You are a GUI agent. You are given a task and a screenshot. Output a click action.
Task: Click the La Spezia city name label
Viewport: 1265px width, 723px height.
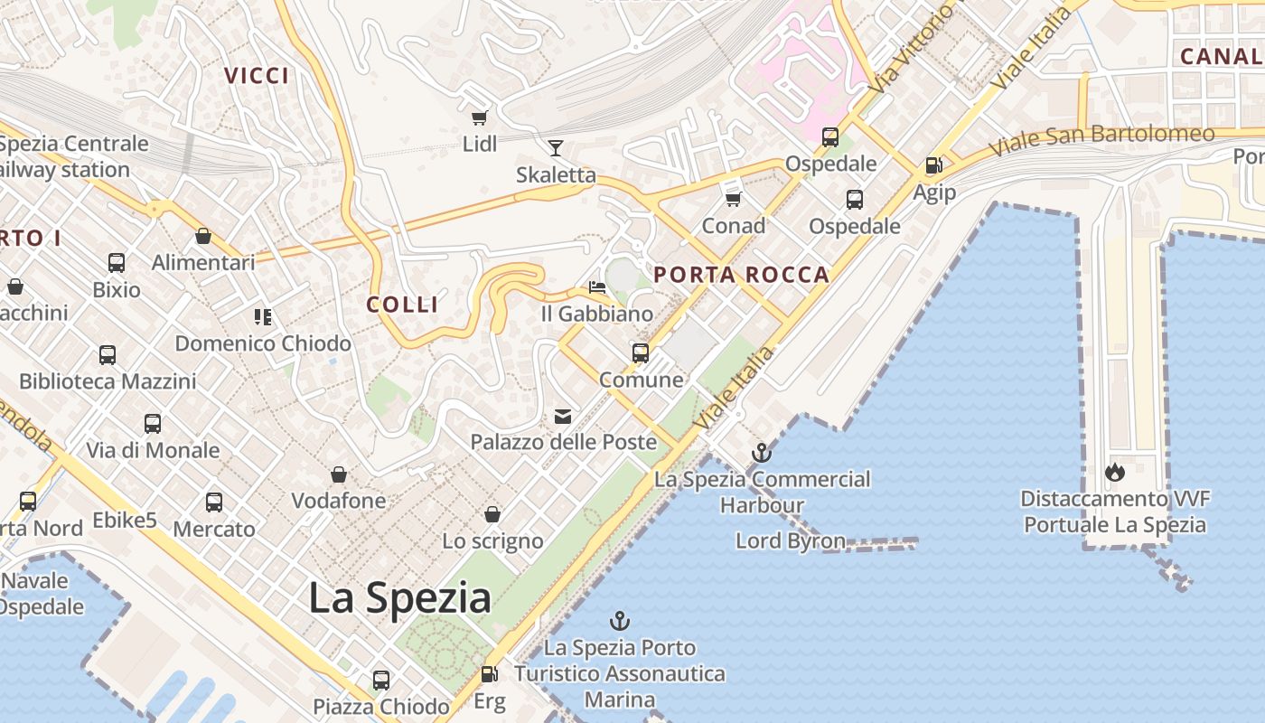pos(399,598)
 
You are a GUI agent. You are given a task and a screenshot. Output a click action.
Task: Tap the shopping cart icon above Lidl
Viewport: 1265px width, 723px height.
pos(480,117)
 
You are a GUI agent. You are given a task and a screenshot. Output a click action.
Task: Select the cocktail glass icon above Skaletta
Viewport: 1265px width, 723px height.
pos(556,147)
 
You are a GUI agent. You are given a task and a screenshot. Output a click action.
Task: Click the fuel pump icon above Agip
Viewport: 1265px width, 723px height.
pos(933,165)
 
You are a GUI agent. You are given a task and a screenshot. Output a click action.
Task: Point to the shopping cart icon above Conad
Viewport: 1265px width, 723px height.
pos(733,199)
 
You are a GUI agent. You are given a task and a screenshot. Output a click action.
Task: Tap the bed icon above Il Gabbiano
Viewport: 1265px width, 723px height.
pos(596,287)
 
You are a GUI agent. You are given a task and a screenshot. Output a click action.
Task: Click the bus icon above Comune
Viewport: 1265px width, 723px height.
pos(641,352)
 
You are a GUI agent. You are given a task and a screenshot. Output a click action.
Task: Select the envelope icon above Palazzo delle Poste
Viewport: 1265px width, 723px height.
pos(563,416)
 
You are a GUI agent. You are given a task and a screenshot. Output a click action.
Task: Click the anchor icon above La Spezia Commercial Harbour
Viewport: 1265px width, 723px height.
pos(762,452)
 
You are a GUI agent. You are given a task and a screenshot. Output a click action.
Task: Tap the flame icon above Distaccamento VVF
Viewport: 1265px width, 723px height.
pos(1114,472)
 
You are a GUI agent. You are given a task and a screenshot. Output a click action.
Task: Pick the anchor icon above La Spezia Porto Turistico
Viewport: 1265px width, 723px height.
pos(619,621)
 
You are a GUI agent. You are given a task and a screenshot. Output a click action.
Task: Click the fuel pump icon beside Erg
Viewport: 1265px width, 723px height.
pos(489,673)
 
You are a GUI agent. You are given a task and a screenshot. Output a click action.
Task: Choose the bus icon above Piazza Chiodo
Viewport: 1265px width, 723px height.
pos(381,680)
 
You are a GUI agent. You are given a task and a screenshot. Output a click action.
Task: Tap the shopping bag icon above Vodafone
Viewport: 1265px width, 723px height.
pos(339,474)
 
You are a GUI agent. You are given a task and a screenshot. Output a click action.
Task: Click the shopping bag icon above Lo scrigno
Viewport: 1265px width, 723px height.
pos(492,514)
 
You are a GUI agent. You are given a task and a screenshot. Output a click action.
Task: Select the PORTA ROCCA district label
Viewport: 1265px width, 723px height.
pos(741,275)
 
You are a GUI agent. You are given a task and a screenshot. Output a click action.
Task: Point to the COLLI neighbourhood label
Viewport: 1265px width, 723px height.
pos(402,305)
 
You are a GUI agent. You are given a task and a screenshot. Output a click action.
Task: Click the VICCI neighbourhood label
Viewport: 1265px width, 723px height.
pos(257,76)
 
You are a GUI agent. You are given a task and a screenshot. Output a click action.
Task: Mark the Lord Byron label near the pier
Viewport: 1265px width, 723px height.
pos(791,541)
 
